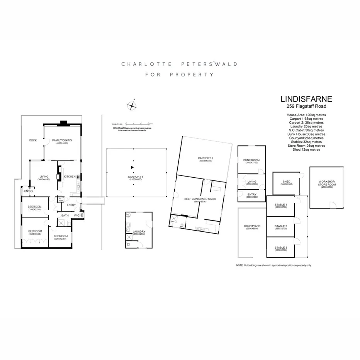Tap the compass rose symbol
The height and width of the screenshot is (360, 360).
point(132,105)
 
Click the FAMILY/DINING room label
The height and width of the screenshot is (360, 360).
point(62,141)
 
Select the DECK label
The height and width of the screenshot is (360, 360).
point(33,140)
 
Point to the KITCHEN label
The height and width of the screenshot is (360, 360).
point(70,177)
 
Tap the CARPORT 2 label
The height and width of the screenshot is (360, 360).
point(206,158)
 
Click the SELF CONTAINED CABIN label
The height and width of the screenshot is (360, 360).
point(197,199)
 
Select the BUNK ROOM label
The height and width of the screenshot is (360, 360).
point(251,160)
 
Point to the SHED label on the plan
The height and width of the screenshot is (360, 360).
point(286,182)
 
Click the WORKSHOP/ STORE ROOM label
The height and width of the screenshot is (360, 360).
point(327,183)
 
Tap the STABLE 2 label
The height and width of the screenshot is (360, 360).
point(281,226)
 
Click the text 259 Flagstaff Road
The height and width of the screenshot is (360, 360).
point(304,107)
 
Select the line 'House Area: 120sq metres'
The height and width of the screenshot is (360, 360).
point(304,115)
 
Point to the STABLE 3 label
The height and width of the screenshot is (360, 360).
point(281,247)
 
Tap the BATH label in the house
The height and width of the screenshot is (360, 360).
point(65,216)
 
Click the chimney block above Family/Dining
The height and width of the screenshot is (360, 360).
point(63,124)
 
